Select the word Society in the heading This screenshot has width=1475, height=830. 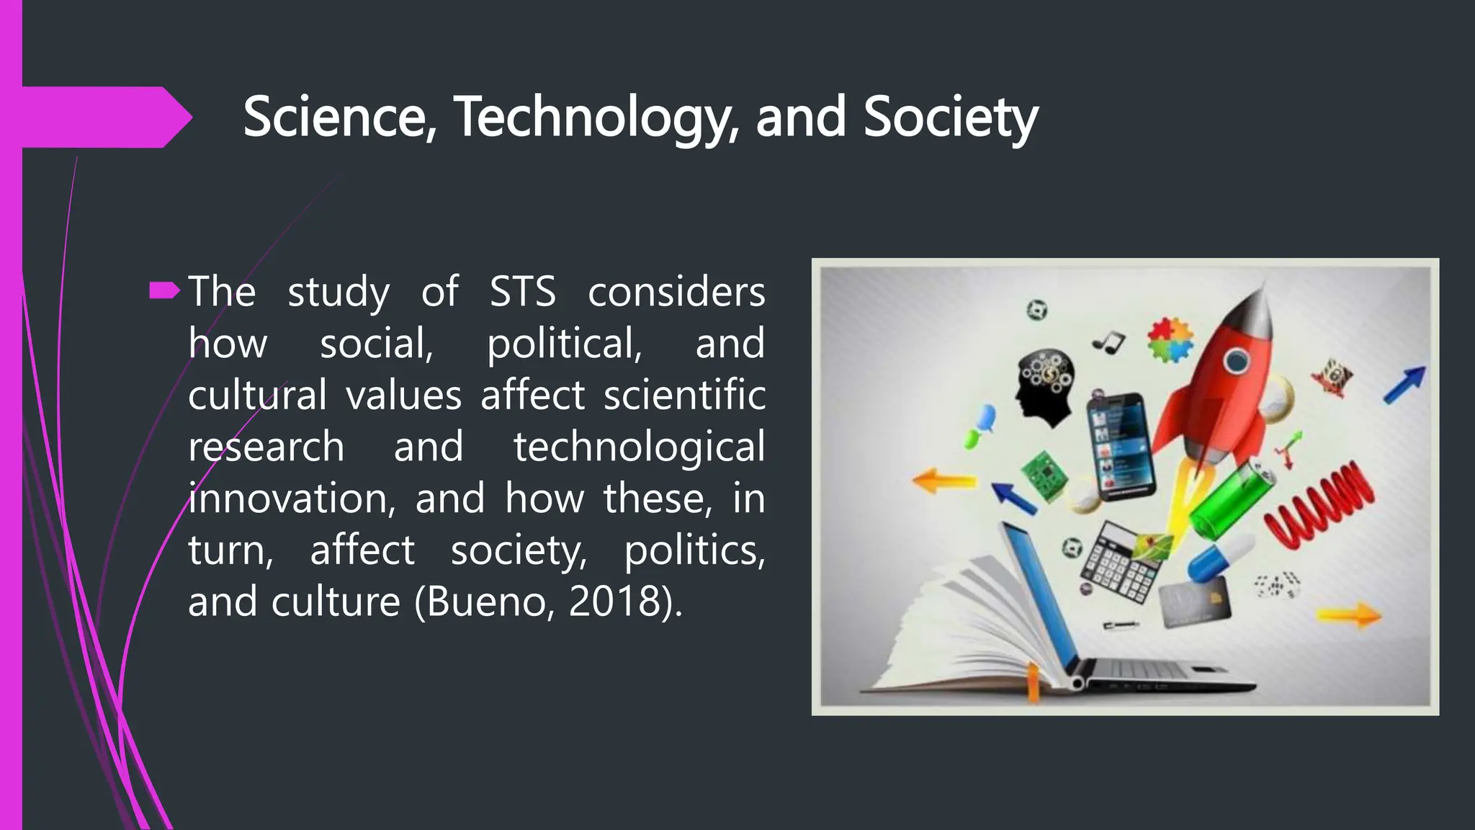[x=950, y=117]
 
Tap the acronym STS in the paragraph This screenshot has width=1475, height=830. [x=522, y=292]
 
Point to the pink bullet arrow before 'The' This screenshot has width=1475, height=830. [x=164, y=291]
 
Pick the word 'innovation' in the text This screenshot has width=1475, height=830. [x=292, y=499]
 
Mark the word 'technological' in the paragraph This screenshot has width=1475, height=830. [x=639, y=447]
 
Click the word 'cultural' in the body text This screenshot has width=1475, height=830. [x=257, y=395]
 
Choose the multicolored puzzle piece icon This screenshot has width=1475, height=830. [x=1170, y=339]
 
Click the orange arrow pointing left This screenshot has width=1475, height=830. [x=943, y=480]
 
